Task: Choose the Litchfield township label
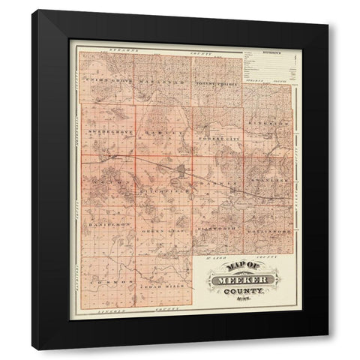[157, 191]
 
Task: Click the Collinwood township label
[268, 228]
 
